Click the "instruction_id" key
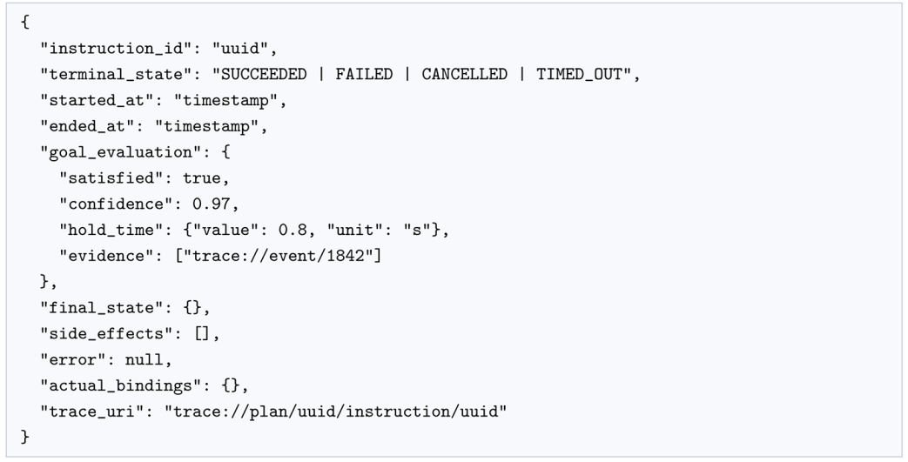pyautogui.click(x=116, y=48)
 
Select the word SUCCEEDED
pyautogui.click(x=264, y=74)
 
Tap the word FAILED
pyautogui.click(x=364, y=74)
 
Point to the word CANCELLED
pyautogui.click(x=464, y=74)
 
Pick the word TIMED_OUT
pyautogui.click(x=579, y=74)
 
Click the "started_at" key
pyautogui.click(x=97, y=100)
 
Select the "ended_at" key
pyautogui.click(x=87, y=126)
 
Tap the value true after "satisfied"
pyautogui.click(x=201, y=177)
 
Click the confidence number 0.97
pyautogui.click(x=211, y=204)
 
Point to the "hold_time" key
pyautogui.click(x=106, y=230)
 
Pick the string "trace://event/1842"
pyautogui.click(x=278, y=256)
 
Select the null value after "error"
pyautogui.click(x=145, y=359)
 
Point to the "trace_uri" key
pyautogui.click(x=97, y=412)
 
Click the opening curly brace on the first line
pyautogui.click(x=25, y=23)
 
